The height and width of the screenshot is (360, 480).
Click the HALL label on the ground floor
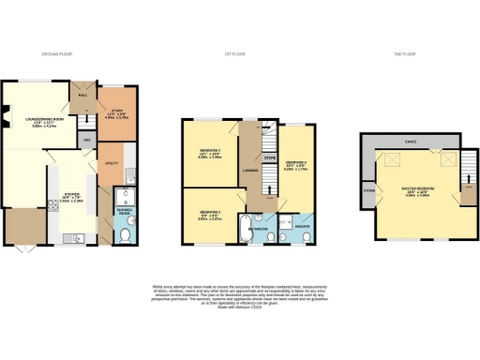coord(82,96)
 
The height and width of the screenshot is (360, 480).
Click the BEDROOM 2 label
coord(209,152)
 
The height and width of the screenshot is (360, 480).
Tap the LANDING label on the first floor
coord(251,170)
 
